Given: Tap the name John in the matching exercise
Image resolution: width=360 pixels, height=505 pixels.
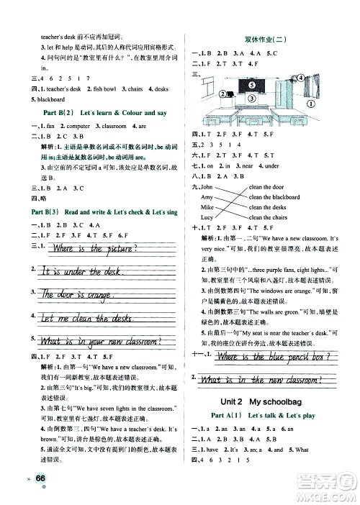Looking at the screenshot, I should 207,186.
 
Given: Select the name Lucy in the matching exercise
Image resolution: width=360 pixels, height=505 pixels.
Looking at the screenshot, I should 207,217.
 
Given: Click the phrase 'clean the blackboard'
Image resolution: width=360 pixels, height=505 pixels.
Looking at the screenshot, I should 274,196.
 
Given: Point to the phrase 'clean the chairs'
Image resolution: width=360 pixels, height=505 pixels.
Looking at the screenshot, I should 268,217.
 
